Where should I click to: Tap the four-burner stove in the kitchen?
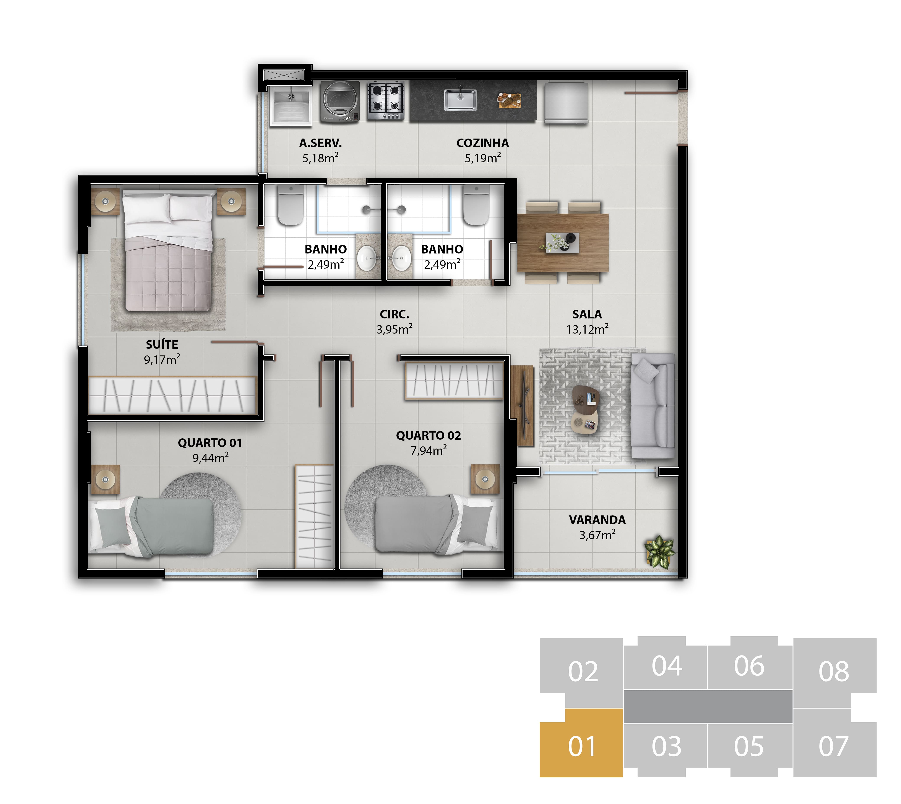click(386, 101)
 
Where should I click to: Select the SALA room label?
click(587, 315)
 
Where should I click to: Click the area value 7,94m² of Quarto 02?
click(428, 450)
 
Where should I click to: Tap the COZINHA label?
click(482, 143)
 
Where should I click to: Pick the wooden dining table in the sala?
click(563, 242)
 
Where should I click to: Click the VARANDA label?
click(597, 520)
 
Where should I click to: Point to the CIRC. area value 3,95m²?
click(394, 329)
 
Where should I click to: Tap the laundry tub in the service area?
click(291, 106)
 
